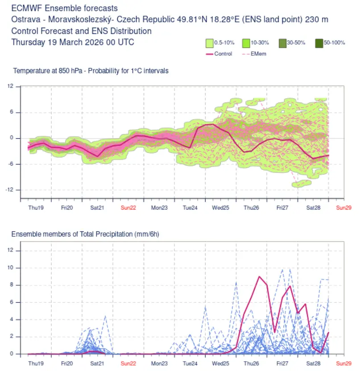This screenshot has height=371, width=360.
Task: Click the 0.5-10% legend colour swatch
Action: [x=210, y=43]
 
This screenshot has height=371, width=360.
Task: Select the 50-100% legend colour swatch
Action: [x=319, y=43]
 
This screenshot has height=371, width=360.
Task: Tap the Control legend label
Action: [x=223, y=54]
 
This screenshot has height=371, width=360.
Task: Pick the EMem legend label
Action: [x=258, y=54]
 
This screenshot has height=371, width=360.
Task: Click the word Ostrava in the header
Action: [x=26, y=19]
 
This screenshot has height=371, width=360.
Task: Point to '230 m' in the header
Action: [x=317, y=19]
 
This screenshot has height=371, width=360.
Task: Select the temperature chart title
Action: [x=91, y=71]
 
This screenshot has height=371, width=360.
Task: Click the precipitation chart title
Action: [x=85, y=234]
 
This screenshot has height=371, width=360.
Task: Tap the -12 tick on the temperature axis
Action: [x=9, y=190]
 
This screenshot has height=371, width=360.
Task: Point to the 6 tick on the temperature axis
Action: [x=12, y=112]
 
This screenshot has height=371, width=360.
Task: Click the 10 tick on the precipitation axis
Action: [x=10, y=268]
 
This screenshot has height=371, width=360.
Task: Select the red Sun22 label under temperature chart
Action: [x=128, y=208]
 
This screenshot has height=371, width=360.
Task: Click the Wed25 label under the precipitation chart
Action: [x=220, y=363]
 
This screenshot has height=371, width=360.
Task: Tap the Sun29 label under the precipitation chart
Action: [x=344, y=363]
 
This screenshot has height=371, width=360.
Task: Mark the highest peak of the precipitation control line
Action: [x=260, y=276]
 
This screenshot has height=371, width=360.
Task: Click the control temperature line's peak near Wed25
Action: [x=213, y=124]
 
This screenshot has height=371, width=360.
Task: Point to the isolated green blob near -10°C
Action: [x=301, y=183]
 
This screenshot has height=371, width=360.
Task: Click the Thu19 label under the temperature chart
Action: [x=36, y=208]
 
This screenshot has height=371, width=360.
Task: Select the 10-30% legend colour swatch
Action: [x=246, y=43]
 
